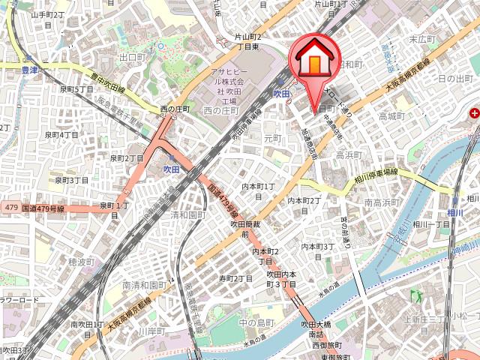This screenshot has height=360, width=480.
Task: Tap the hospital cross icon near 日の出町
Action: [x=474, y=114]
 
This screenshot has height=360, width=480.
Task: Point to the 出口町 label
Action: [x=131, y=57]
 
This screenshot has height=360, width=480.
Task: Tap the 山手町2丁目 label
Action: [x=47, y=19]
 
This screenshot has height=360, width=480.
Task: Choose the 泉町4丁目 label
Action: [x=61, y=135]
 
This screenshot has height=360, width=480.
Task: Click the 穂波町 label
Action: [x=82, y=262]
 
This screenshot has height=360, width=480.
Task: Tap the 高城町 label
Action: [x=391, y=116]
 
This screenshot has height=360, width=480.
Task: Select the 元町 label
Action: [x=271, y=138]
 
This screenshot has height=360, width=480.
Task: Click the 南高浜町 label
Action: [x=381, y=203]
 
